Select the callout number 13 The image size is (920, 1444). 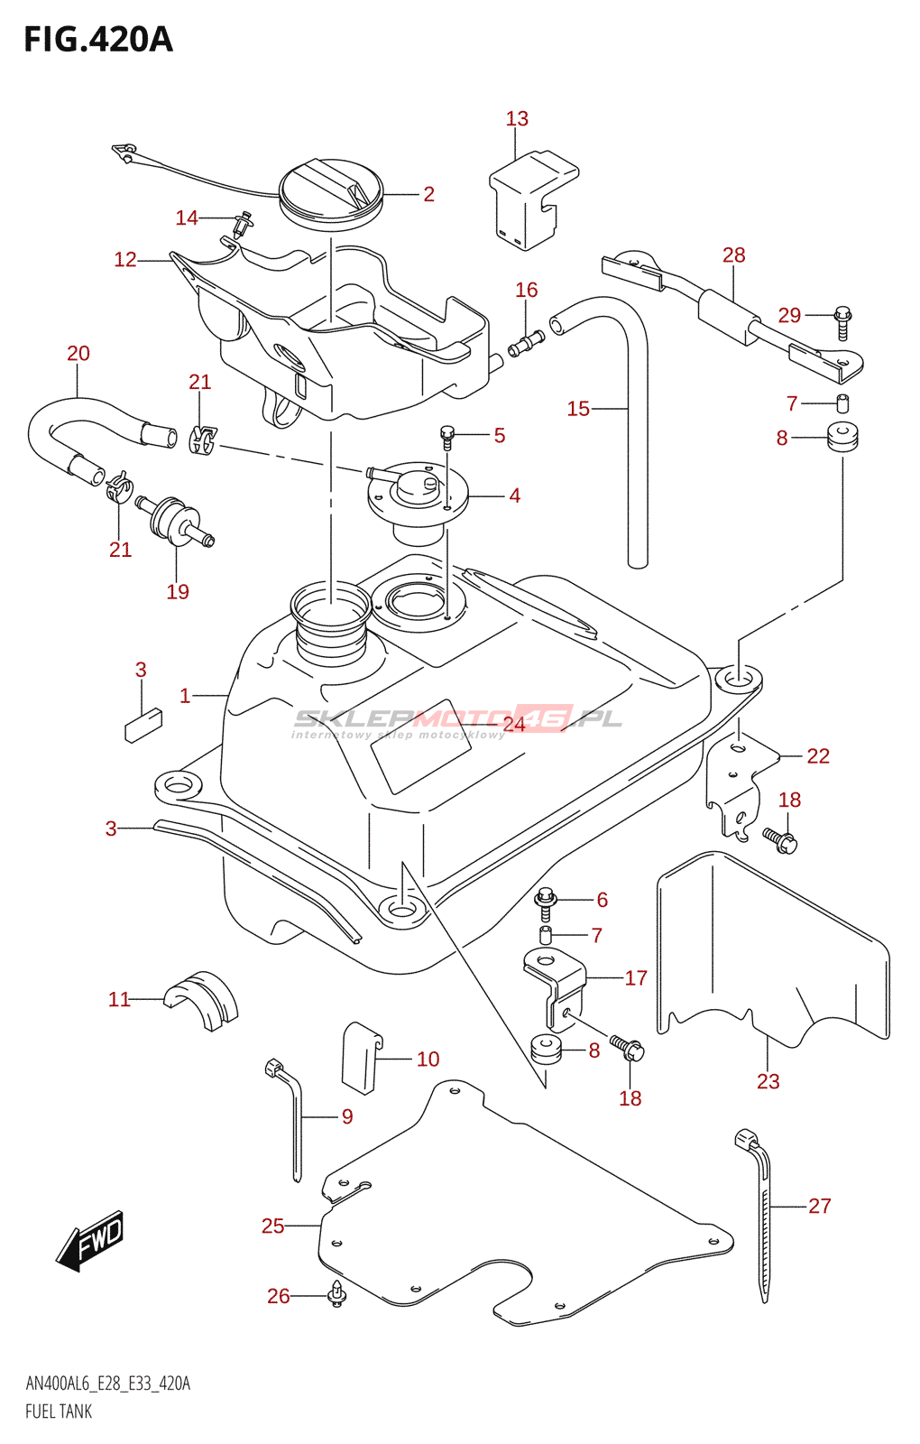[x=517, y=119]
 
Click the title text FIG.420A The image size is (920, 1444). [x=97, y=40]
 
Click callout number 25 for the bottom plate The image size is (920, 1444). [x=272, y=1226]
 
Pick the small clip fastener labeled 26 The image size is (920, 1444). [x=337, y=1295]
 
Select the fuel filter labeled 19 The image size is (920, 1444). [x=173, y=522]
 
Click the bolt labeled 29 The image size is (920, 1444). [x=843, y=322]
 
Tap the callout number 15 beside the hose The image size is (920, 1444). [x=578, y=409]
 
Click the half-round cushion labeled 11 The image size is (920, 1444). [x=202, y=998]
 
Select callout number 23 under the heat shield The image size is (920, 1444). [x=768, y=1081]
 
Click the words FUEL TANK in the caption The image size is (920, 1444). [x=59, y=1412]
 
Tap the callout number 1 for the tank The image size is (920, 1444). [x=185, y=696]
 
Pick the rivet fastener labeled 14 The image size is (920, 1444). [x=242, y=222]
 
